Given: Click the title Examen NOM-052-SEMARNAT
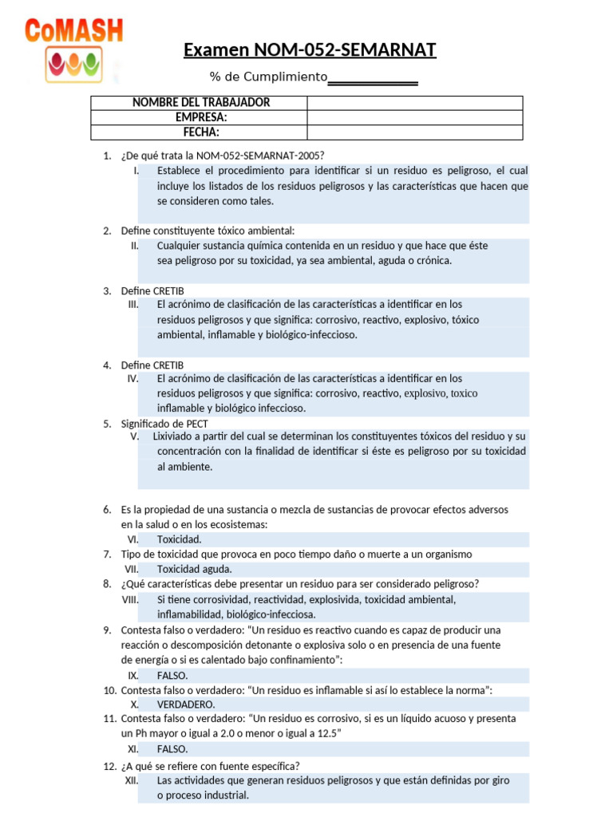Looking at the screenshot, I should click(310, 51).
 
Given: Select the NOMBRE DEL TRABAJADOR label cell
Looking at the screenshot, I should click(200, 103).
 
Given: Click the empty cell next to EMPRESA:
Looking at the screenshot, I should click(414, 117).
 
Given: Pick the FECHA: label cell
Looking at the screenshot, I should click(200, 132).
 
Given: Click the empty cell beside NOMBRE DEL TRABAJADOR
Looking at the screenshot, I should click(414, 103).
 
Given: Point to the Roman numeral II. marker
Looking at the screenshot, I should click(135, 246).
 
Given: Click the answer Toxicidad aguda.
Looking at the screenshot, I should click(194, 569).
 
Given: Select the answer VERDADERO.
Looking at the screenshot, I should click(185, 705).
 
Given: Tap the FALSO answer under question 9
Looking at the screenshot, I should click(172, 675).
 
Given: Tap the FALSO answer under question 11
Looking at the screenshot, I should click(172, 749).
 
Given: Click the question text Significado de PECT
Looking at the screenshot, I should click(164, 424).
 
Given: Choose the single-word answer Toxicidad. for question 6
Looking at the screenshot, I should click(179, 539).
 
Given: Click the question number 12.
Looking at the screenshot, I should click(110, 766).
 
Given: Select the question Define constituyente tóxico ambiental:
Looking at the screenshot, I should click(208, 231).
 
